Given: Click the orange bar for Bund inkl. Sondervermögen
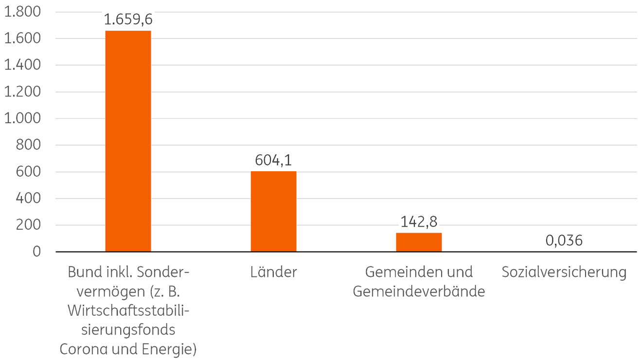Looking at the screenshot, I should (128, 141).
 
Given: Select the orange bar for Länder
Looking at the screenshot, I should (273, 211).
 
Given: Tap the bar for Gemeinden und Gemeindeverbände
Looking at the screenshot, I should (419, 242).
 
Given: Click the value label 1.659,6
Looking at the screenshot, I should (128, 20).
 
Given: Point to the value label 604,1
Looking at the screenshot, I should (273, 160).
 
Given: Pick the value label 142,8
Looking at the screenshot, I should (419, 222).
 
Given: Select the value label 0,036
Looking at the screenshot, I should (564, 240).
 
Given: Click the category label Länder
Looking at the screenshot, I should (273, 272).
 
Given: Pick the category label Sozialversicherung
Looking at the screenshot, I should (564, 272).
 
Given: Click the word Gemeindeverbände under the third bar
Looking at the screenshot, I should (419, 291).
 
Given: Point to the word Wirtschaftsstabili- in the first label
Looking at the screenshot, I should (128, 310).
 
